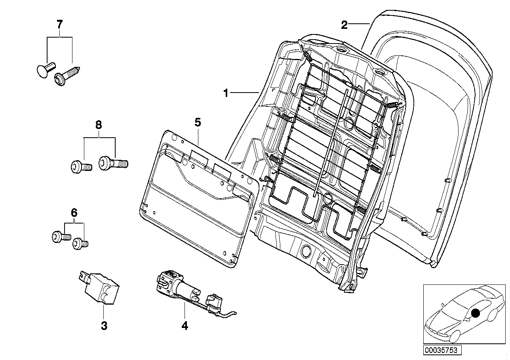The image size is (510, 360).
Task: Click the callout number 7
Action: pyautogui.click(x=59, y=24)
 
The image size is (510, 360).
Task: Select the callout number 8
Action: pyautogui.click(x=99, y=125)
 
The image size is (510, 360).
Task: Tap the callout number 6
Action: pyautogui.click(x=74, y=213)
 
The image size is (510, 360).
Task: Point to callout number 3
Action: pyautogui.click(x=104, y=326)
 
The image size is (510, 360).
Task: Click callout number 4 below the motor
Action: pyautogui.click(x=185, y=326)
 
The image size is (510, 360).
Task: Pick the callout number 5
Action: pyautogui.click(x=198, y=122)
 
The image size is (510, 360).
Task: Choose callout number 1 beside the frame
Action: pyautogui.click(x=226, y=93)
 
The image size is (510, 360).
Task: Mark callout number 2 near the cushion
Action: pyautogui.click(x=344, y=25)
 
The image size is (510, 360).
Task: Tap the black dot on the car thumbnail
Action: pyautogui.click(x=475, y=313)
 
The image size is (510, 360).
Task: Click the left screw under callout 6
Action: pyautogui.click(x=61, y=237)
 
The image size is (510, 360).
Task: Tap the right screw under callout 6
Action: pyautogui.click(x=80, y=243)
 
